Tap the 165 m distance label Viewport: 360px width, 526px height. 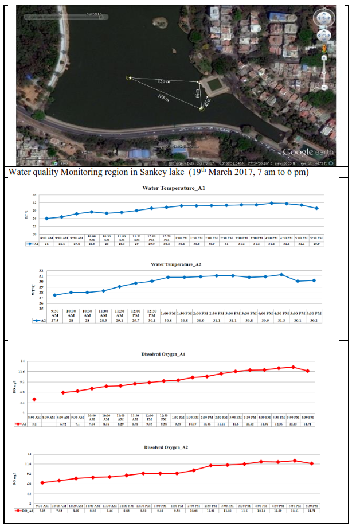(163, 99)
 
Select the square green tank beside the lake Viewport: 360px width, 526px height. (214, 86)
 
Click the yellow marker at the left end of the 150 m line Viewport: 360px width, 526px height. (128, 77)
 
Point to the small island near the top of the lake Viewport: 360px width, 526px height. (174, 50)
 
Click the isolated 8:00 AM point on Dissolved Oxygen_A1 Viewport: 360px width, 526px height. (34, 399)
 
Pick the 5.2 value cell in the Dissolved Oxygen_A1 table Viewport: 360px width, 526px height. (34, 424)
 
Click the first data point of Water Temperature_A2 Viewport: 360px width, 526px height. (54, 295)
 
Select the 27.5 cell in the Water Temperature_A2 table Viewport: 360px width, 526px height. (54, 320)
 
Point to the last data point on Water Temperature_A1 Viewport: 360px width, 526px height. (316, 208)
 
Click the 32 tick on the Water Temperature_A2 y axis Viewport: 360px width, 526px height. (41, 271)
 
